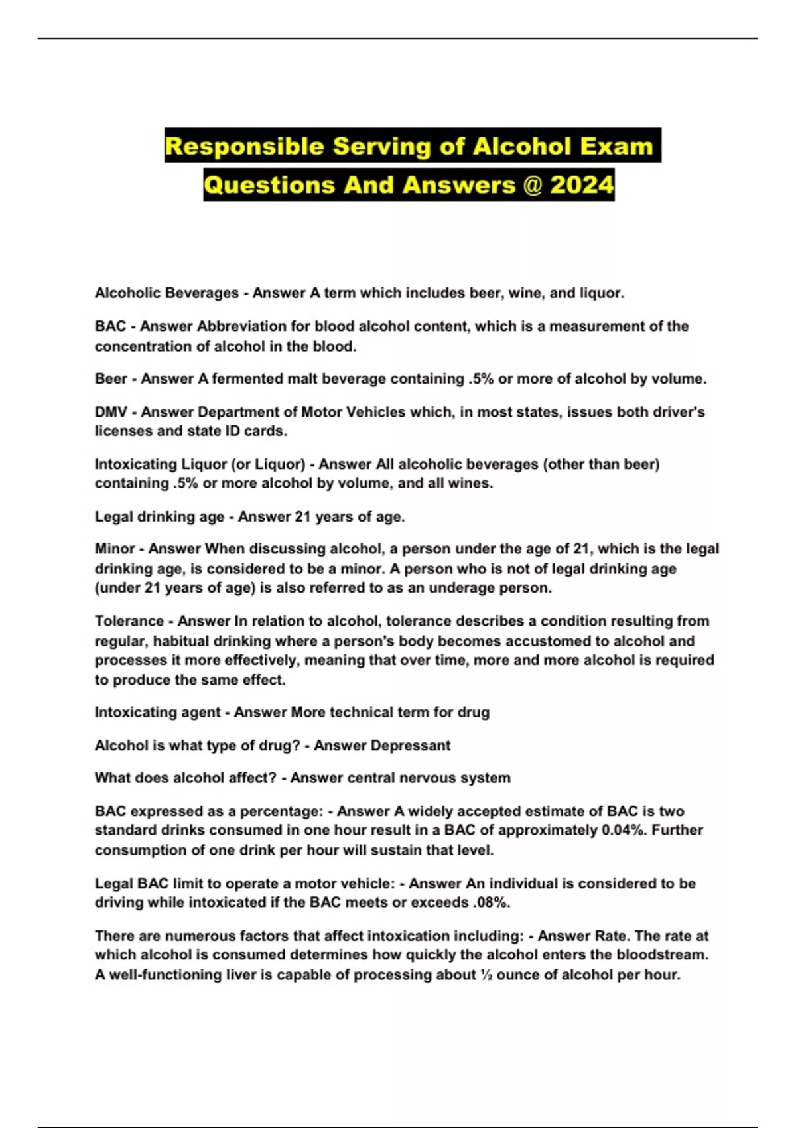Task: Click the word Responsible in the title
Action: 244,146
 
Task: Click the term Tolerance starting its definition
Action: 128,621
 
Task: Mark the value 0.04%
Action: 621,830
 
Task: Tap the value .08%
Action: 491,902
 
